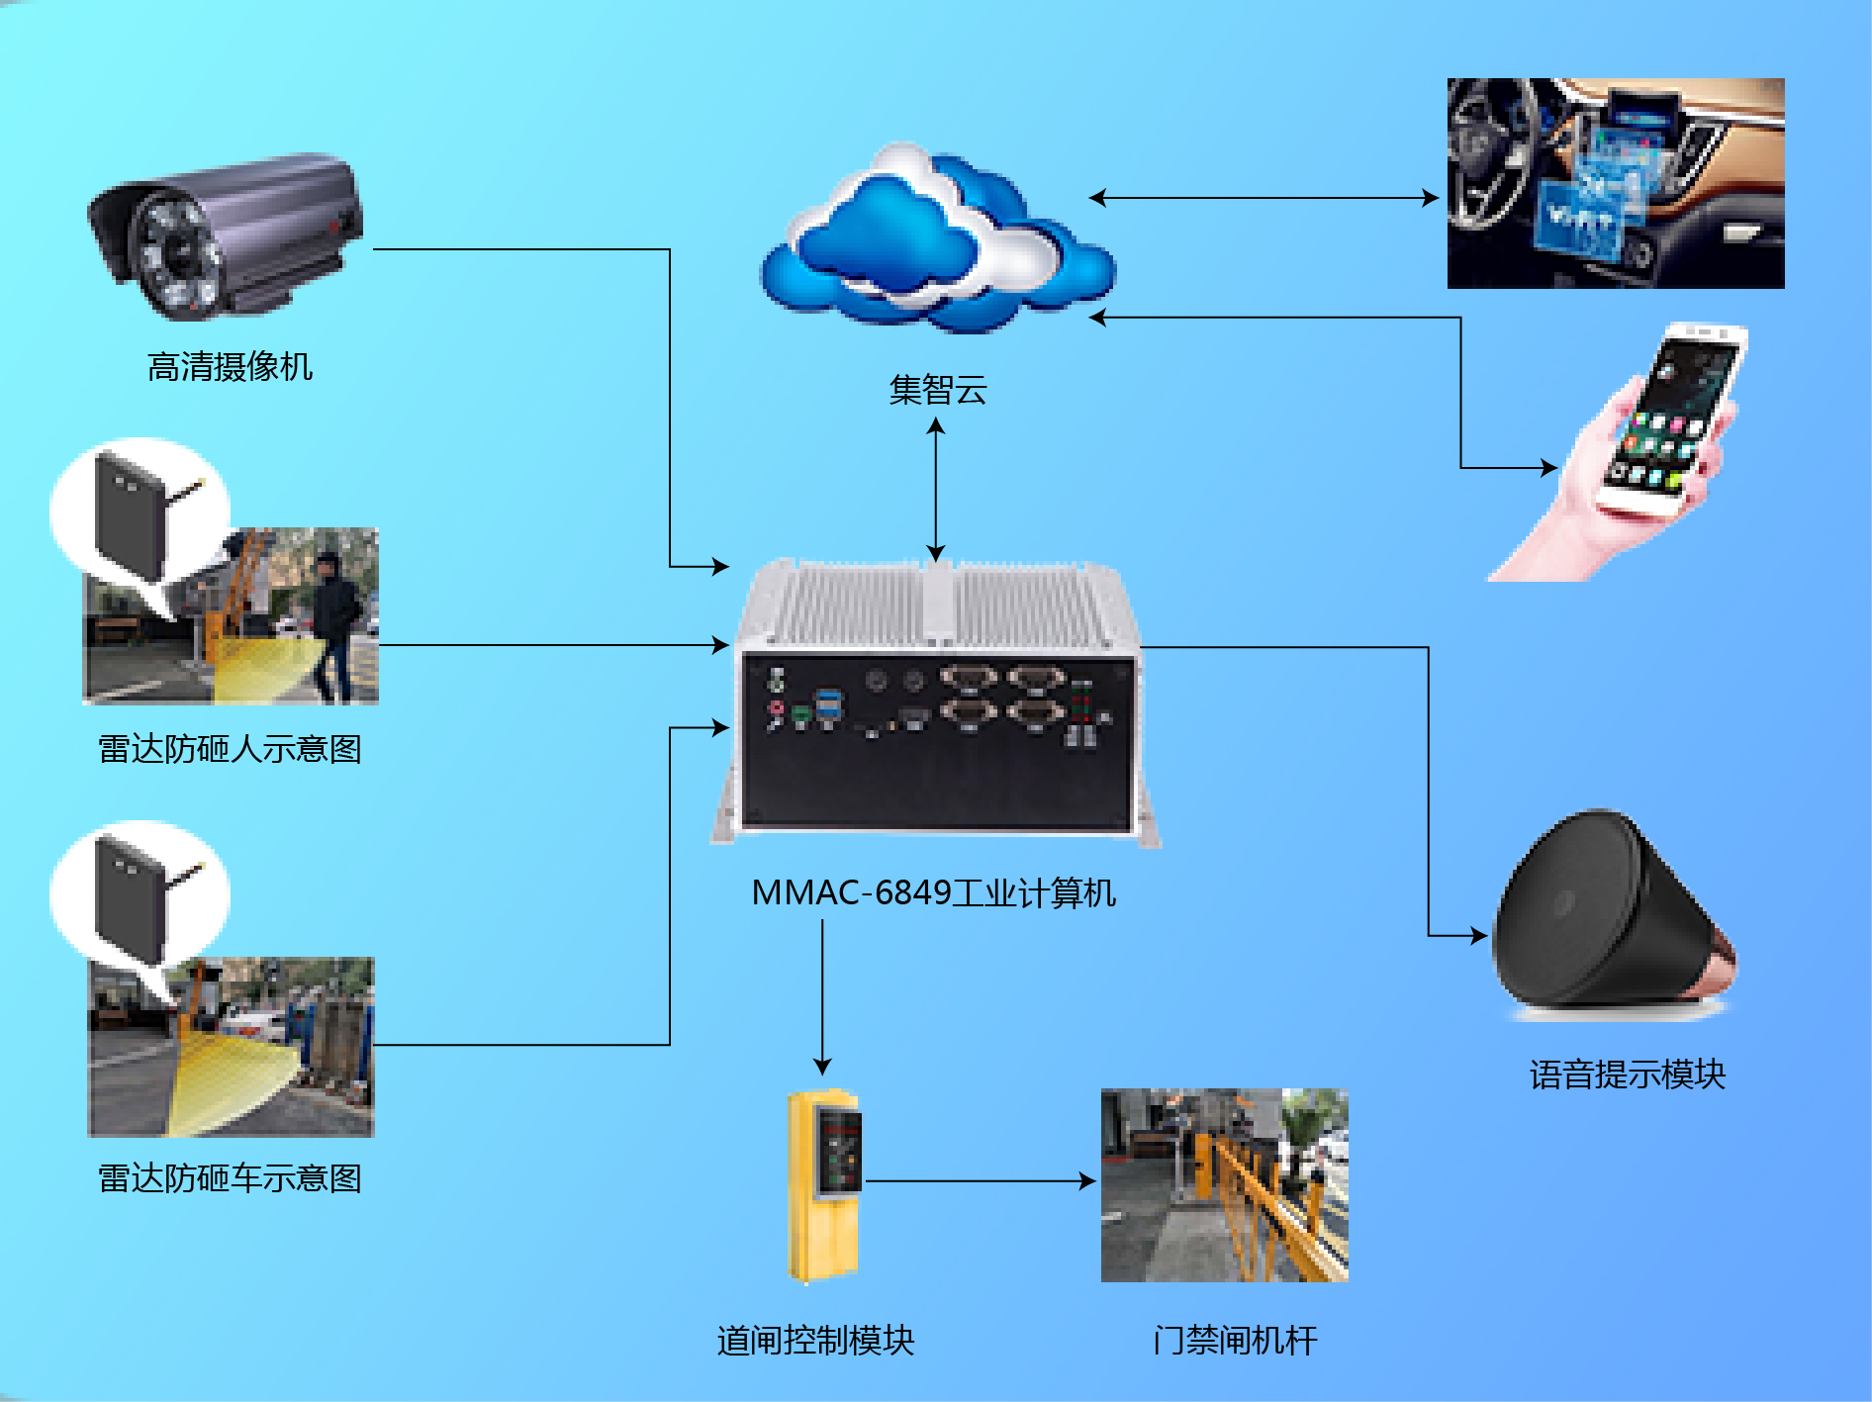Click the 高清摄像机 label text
pos(230,367)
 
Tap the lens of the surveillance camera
pos(177,253)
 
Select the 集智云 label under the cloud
pos(937,390)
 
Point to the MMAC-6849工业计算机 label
pos(933,892)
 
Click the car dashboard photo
pos(1616,183)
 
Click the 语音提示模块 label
pos(1628,1075)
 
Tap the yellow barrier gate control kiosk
pos(824,1184)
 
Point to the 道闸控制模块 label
pos(816,1341)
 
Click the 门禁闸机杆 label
pos(1235,1341)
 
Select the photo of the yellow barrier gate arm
pos(1225,1185)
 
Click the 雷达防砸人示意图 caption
pos(230,749)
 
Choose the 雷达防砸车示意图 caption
pos(230,1178)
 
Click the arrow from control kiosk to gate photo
pos(981,1180)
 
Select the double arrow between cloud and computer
pos(936,490)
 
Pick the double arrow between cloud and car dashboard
pos(1264,198)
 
